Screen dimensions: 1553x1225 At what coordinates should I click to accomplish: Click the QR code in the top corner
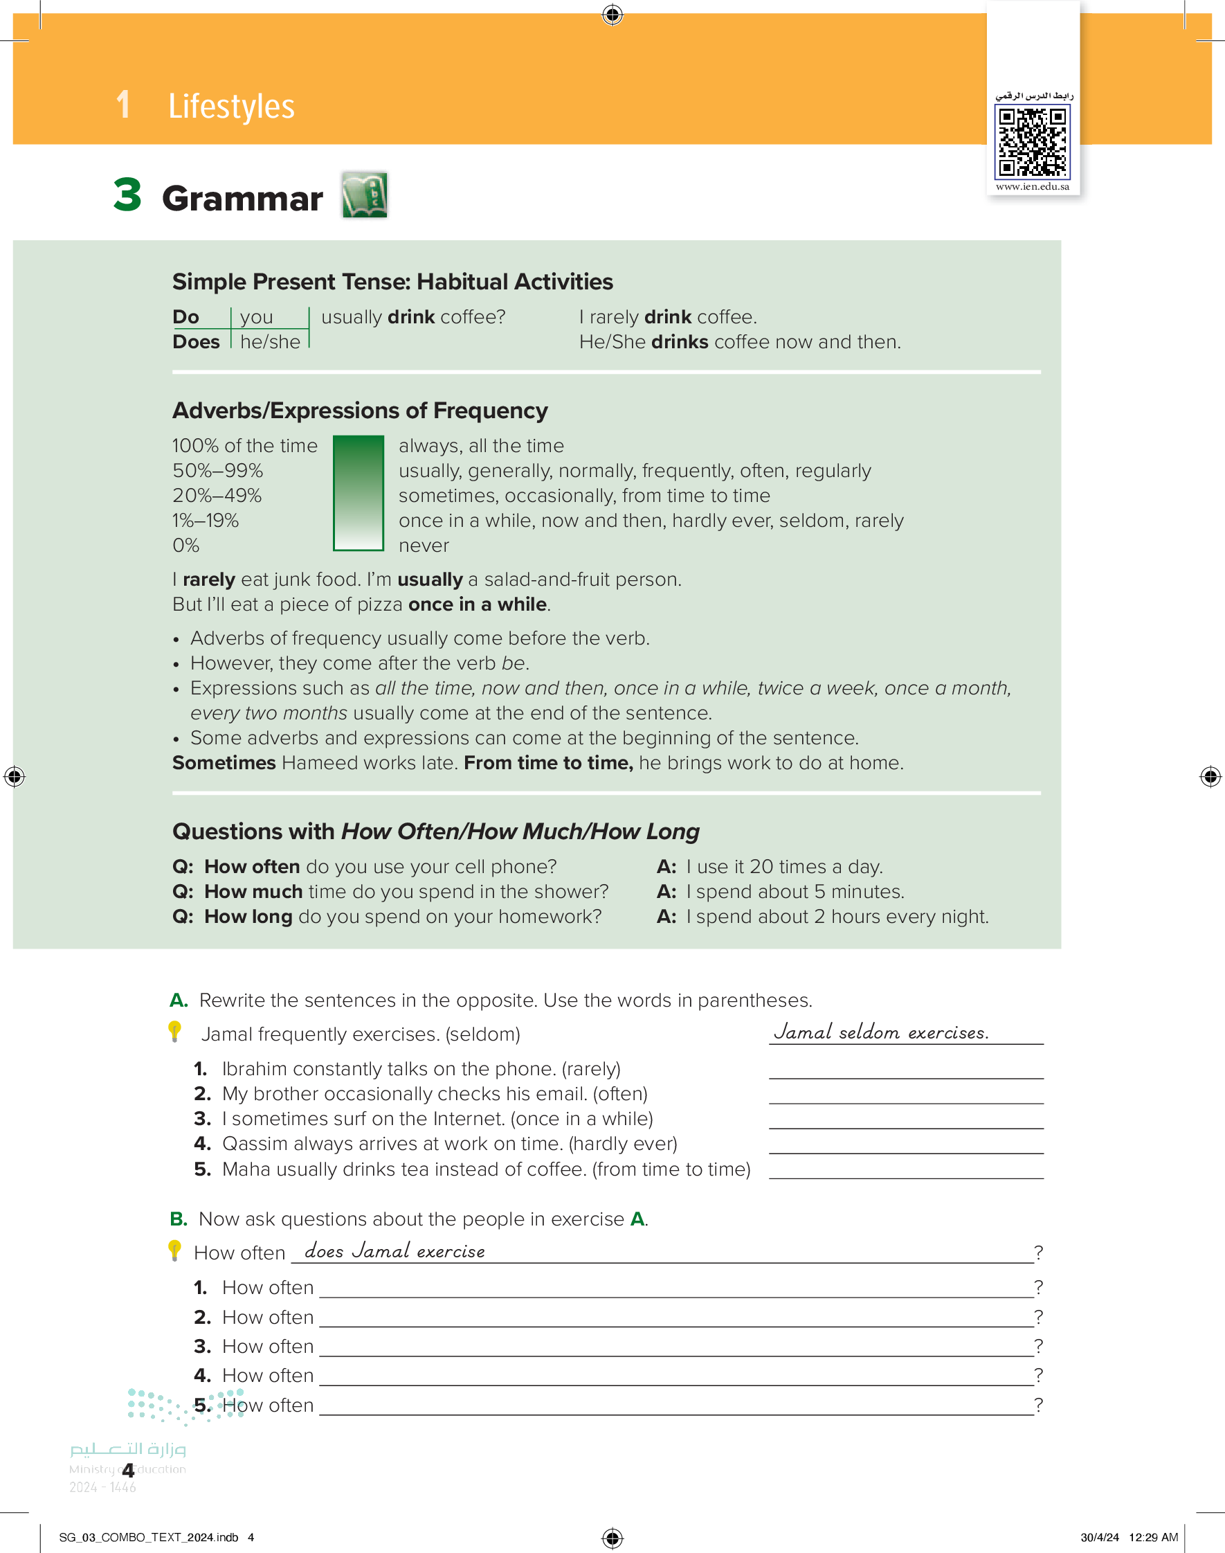[x=1032, y=141]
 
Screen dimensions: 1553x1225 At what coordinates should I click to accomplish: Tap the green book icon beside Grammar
[x=364, y=195]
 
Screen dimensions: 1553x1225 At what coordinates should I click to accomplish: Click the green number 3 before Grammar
[x=127, y=195]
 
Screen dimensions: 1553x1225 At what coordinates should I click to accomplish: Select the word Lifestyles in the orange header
[x=231, y=106]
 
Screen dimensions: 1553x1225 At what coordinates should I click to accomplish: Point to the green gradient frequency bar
[x=358, y=494]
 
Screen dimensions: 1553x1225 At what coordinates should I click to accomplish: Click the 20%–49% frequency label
[x=217, y=496]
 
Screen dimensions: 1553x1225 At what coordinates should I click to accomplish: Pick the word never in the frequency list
[x=423, y=546]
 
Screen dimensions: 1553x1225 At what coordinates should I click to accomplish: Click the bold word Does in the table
[x=196, y=342]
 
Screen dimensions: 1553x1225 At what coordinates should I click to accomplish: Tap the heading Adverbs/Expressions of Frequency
[x=359, y=411]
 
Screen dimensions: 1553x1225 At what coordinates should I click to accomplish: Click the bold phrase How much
[x=253, y=892]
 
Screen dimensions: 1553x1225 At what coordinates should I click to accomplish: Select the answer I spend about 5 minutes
[x=795, y=892]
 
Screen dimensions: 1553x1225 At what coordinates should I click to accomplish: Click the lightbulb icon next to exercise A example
[x=174, y=1031]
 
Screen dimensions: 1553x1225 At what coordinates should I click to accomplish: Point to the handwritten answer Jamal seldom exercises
[x=881, y=1032]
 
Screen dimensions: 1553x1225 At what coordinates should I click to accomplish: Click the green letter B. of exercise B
[x=178, y=1219]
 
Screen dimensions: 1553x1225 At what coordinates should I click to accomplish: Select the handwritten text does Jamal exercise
[x=394, y=1251]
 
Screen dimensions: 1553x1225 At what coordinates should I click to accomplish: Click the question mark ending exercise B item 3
[x=1038, y=1346]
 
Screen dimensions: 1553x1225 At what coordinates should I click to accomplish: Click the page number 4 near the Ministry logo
[x=128, y=1470]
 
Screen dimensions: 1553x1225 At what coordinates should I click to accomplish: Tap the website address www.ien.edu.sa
[x=1032, y=186]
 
